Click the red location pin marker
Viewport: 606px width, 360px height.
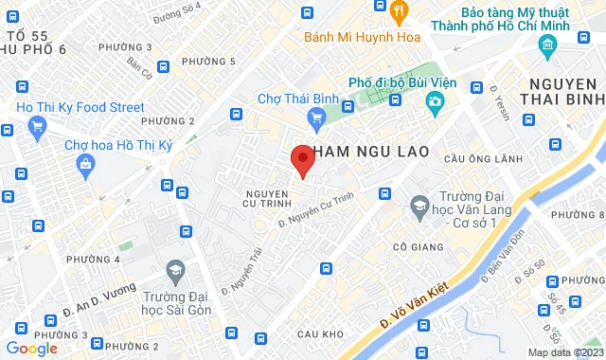pos(301,159)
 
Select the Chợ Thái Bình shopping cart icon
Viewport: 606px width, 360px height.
pos(316,117)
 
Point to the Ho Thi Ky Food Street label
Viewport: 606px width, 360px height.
pos(80,108)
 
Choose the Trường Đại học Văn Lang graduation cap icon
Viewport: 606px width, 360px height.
pos(418,205)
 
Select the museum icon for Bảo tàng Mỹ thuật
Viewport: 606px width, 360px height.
pos(547,45)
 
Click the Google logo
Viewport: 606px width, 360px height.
pos(31,349)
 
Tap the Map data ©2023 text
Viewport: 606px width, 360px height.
pos(564,352)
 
